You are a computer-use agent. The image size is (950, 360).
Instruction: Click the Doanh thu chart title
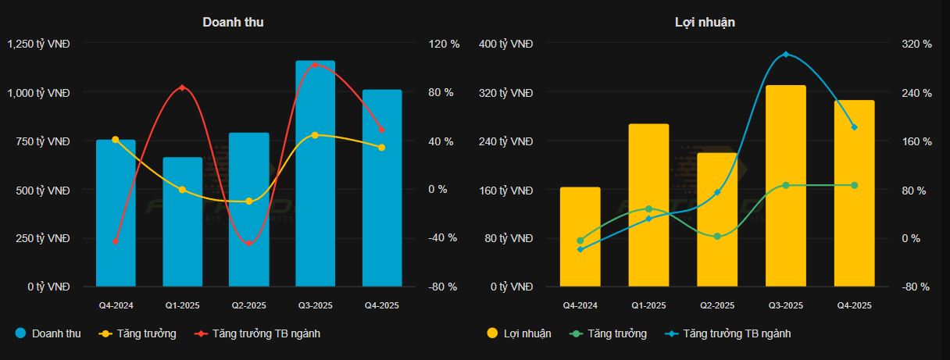point(233,22)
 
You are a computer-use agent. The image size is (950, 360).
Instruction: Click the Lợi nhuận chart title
point(705,22)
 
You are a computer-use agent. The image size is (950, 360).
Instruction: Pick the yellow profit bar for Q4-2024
point(580,238)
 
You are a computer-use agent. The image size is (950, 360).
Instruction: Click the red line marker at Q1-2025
point(182,87)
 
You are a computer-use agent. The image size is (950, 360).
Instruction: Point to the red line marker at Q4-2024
point(116,241)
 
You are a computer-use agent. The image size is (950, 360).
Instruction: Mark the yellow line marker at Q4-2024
point(116,140)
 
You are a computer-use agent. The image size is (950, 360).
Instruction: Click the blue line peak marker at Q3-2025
point(786,55)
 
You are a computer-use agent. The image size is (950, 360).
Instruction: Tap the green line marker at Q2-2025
point(717,236)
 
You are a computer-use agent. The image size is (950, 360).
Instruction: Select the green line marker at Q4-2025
point(854,185)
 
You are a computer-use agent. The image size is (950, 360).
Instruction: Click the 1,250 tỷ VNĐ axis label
point(39,45)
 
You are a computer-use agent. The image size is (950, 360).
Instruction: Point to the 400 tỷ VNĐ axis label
point(505,45)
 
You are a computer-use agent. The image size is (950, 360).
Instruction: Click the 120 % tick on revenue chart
point(444,45)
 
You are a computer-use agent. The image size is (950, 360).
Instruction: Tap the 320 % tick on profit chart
point(917,45)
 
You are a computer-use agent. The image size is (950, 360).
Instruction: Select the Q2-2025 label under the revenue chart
point(248,305)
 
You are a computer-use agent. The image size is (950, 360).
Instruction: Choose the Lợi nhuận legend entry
point(519,333)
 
